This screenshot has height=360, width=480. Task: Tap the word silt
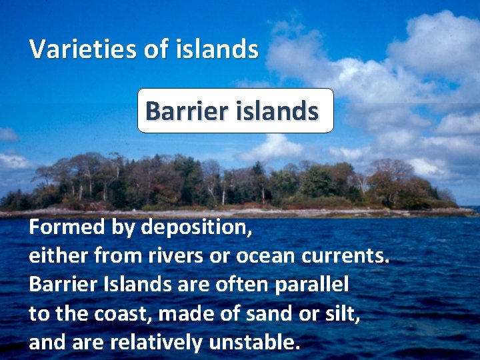(x=343, y=313)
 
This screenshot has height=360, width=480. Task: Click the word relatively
(x=158, y=342)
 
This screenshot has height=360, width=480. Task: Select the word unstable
(x=254, y=342)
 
